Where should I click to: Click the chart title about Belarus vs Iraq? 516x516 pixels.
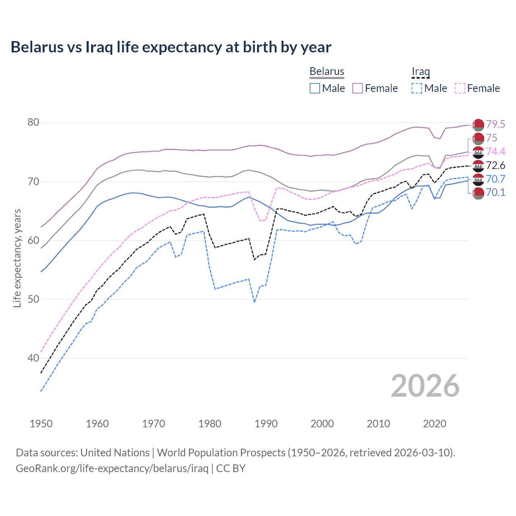click(171, 47)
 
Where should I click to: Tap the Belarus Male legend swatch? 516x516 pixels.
click(315, 88)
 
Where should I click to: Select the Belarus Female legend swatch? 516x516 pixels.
click(358, 88)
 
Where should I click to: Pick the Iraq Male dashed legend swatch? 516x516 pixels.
click(417, 88)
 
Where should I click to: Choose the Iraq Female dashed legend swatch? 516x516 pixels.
click(460, 88)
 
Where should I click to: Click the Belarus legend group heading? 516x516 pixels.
click(327, 71)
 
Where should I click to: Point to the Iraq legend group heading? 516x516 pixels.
click(420, 71)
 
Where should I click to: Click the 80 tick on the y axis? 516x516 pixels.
click(33, 123)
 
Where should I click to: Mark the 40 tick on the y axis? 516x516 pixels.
click(33, 358)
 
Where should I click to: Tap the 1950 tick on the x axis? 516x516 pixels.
click(41, 424)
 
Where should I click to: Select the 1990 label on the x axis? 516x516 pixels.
click(266, 424)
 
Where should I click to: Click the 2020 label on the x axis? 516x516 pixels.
click(435, 424)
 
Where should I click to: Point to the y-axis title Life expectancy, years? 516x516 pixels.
click(17, 258)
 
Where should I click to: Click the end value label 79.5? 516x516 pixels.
click(495, 124)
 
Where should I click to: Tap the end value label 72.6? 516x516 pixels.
click(495, 165)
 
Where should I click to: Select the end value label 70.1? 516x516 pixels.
click(495, 192)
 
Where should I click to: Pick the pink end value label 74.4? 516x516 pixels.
click(495, 152)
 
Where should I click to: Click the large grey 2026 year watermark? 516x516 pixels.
click(425, 386)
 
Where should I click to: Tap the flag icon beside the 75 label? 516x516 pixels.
click(478, 138)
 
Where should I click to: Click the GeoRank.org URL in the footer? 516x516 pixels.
click(112, 468)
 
